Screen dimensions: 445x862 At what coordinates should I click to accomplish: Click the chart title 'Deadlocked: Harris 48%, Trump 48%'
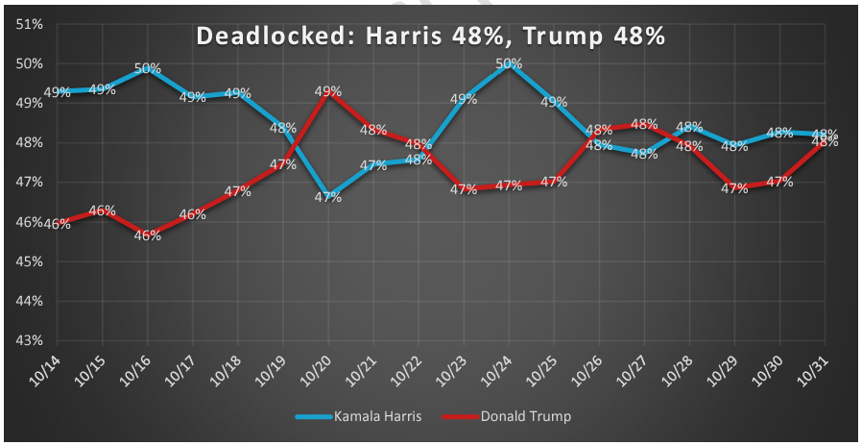click(431, 36)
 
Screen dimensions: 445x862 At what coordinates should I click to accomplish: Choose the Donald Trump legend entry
click(524, 416)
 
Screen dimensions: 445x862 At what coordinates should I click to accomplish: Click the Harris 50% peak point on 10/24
click(509, 64)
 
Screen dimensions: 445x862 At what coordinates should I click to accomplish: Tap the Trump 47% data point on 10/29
click(735, 188)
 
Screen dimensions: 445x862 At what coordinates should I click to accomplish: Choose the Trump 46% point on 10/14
click(57, 223)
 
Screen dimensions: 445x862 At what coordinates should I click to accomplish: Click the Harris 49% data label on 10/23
click(464, 99)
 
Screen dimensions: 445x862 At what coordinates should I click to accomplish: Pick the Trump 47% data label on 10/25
click(554, 183)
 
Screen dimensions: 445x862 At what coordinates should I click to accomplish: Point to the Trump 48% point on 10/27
click(645, 124)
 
